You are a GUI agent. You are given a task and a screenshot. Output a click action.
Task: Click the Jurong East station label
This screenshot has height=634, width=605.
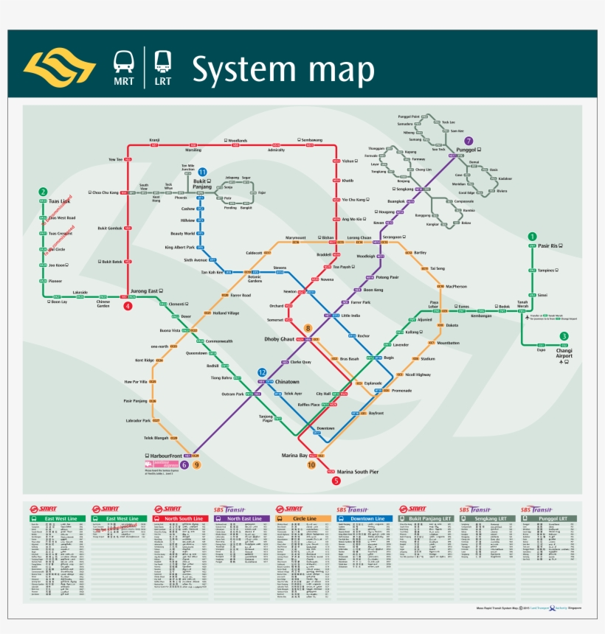click(144, 291)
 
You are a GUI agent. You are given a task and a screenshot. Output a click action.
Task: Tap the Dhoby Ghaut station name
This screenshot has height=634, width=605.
click(280, 339)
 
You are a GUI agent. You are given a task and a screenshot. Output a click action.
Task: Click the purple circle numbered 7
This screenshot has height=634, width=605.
click(468, 140)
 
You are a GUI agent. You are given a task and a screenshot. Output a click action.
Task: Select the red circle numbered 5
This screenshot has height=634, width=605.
click(336, 481)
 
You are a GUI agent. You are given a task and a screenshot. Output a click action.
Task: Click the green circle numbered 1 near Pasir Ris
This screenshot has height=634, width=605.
click(532, 236)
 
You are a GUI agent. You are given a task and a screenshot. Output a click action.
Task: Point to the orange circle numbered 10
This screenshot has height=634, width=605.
click(311, 465)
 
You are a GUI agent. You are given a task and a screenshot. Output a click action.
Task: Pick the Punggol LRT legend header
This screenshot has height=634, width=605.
click(552, 519)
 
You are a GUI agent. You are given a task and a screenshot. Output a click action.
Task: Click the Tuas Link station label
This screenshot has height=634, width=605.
click(59, 201)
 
